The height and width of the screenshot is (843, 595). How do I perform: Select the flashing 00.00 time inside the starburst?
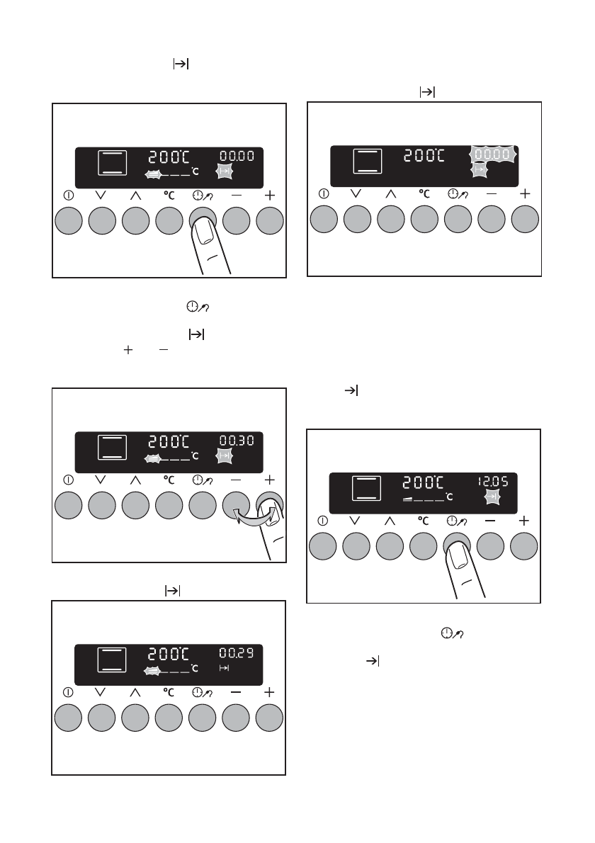point(492,153)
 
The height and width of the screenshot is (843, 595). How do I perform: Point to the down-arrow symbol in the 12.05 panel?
point(356,521)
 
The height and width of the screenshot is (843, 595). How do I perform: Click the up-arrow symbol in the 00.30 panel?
point(135,479)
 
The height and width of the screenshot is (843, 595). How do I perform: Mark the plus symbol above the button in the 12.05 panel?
point(524,521)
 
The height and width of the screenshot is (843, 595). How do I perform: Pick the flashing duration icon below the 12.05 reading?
point(491,498)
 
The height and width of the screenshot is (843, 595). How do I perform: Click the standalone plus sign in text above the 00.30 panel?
point(127,350)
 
